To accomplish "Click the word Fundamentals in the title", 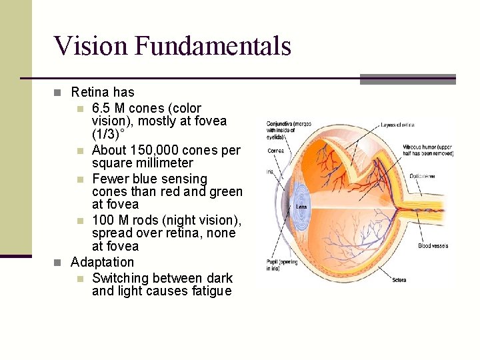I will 213,46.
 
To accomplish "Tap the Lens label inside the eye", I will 301,207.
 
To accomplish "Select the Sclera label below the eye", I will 399,280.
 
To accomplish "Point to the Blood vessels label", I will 433,246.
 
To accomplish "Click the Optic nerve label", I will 423,176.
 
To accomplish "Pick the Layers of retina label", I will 399,125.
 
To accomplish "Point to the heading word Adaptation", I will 102,262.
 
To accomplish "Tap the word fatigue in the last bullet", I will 209,291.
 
